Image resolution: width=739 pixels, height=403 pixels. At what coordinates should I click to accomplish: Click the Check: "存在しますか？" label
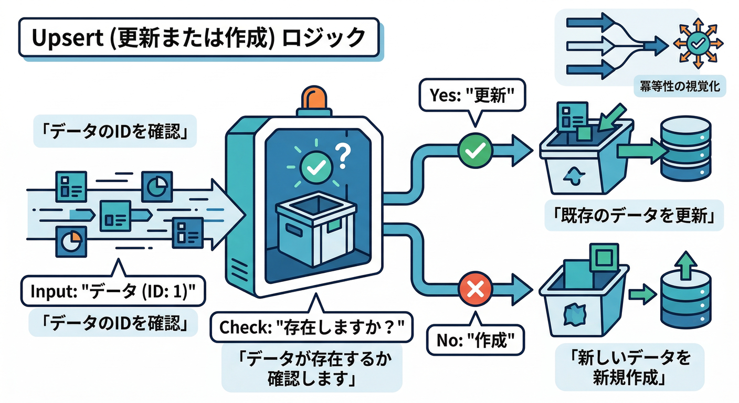pos(313,328)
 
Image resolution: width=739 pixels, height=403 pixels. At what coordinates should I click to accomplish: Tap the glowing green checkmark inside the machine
pos(316,166)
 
